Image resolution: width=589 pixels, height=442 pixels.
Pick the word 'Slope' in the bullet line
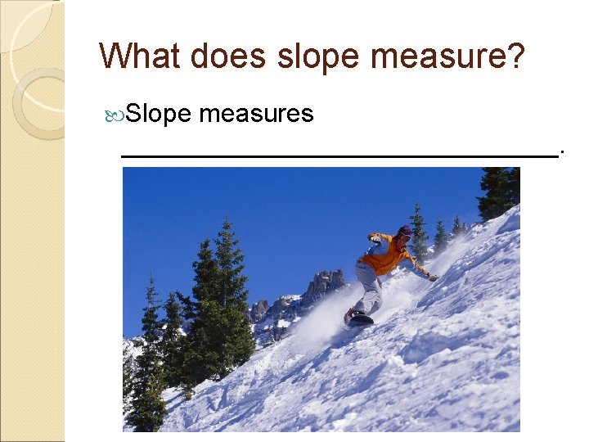(160, 115)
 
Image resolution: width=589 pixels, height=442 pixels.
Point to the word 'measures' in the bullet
(256, 115)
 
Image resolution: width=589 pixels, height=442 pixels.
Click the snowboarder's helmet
(405, 233)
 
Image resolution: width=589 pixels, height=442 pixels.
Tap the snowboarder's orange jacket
(389, 255)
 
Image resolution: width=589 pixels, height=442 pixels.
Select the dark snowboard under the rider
(359, 319)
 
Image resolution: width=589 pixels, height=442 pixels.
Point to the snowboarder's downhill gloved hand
(433, 277)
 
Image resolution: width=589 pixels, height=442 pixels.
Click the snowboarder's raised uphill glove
(374, 238)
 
